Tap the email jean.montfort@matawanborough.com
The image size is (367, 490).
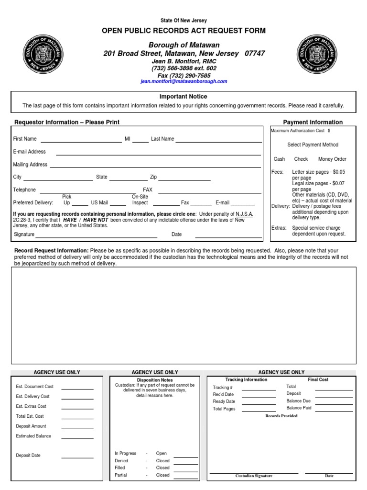point(183,82)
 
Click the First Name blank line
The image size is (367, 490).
point(81,141)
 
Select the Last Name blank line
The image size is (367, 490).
point(218,141)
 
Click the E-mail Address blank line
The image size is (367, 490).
point(159,154)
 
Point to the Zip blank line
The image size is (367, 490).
point(184,179)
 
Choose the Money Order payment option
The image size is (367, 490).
point(332,159)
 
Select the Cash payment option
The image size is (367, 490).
point(280,159)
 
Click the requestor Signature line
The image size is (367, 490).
point(97,236)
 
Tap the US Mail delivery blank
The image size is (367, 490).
point(118,204)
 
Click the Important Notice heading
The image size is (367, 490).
point(183,97)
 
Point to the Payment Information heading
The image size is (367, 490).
point(313,122)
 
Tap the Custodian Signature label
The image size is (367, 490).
point(254,476)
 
